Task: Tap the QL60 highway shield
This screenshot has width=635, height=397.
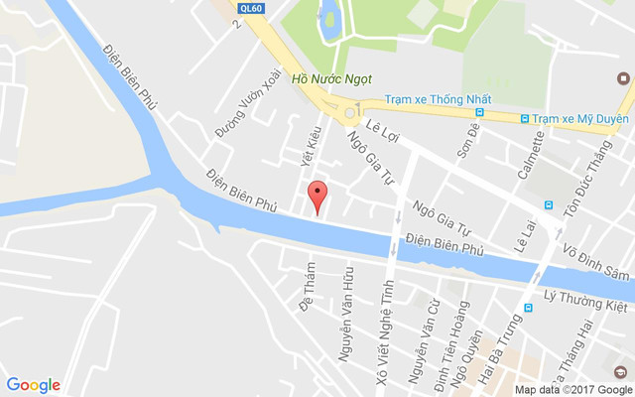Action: tap(252, 8)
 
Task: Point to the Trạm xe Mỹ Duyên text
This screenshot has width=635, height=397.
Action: tap(580, 118)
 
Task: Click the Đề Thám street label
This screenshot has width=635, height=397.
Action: tap(307, 287)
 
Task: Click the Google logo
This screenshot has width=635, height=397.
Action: tap(33, 385)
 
